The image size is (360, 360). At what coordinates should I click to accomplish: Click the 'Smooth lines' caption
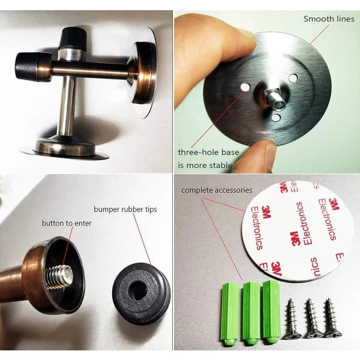[x=329, y=19]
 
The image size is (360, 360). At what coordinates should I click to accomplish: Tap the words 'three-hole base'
[x=208, y=152]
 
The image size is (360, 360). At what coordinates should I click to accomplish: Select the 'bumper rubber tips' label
[x=125, y=209]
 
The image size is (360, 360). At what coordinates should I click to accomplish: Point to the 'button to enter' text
[x=67, y=223]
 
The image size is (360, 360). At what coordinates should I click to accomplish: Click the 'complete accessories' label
[x=217, y=190]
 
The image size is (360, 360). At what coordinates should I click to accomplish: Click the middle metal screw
[x=312, y=318]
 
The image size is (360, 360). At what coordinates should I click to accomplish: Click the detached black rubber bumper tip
[x=142, y=293]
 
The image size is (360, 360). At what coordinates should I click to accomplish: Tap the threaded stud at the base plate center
[x=274, y=99]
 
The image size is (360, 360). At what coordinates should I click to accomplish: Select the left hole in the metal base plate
[x=245, y=87]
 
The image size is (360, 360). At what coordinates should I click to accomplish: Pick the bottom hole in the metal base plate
[x=276, y=118]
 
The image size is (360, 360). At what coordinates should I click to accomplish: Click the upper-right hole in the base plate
[x=293, y=78]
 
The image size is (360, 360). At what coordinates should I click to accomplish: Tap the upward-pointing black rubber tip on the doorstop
[x=73, y=37]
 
